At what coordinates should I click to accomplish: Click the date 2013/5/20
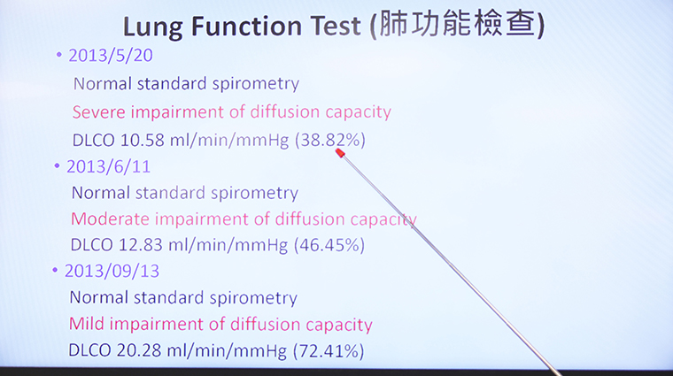[111, 56]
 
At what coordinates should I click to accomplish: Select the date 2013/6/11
[109, 167]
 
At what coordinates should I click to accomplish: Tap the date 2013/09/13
[112, 271]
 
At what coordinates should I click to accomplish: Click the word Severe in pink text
[99, 111]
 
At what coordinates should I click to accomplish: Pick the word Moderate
[111, 219]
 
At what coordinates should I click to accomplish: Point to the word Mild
[87, 324]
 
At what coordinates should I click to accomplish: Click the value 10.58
[142, 140]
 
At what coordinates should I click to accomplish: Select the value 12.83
[140, 245]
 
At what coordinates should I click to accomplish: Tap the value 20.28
[139, 350]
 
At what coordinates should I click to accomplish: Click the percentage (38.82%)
[330, 140]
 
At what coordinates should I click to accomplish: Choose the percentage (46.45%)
[329, 245]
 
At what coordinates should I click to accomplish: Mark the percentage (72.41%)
[329, 350]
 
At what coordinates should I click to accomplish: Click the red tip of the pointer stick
[340, 153]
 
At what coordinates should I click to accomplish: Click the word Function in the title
[246, 26]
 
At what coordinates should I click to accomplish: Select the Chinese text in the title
[458, 25]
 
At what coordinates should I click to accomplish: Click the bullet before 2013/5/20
[59, 55]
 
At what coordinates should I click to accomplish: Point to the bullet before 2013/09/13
[55, 270]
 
